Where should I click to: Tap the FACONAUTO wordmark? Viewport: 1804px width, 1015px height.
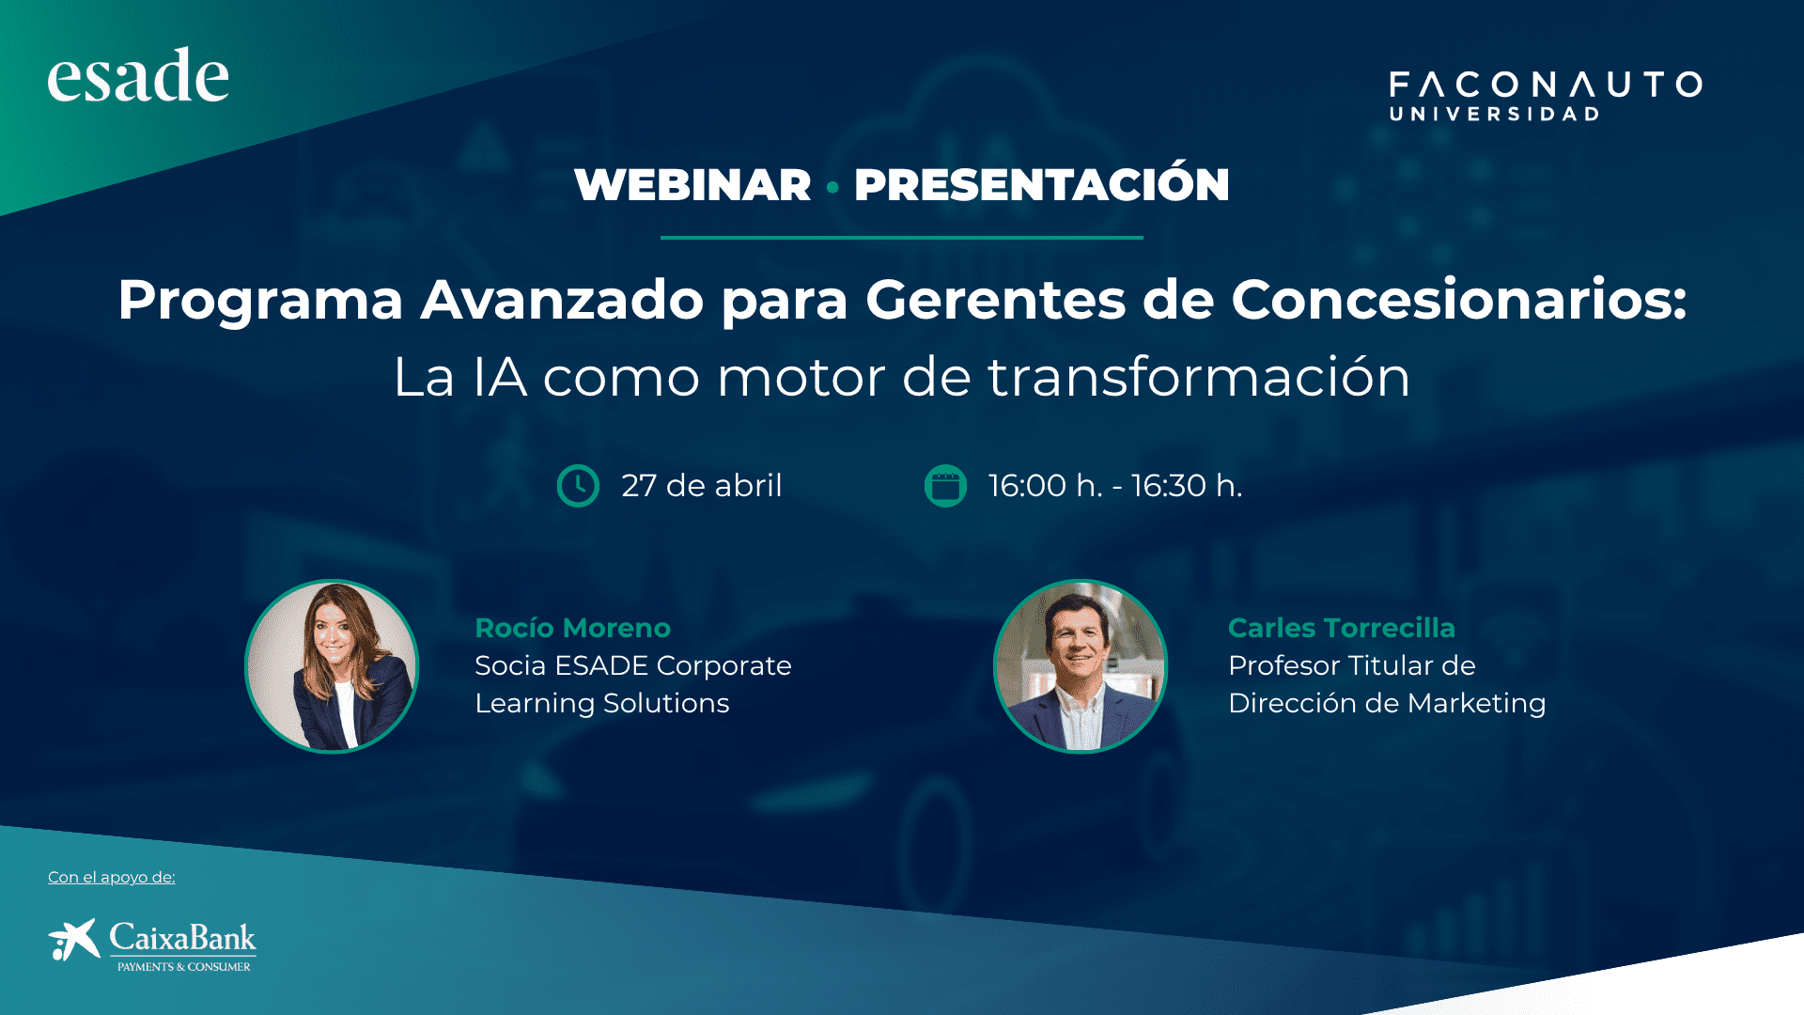(1546, 85)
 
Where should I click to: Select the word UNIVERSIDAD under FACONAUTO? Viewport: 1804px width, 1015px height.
(1494, 114)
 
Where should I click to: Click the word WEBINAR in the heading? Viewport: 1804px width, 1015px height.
(692, 184)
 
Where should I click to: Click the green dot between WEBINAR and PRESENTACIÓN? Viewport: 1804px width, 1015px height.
(832, 187)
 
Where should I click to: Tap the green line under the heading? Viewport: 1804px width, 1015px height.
(902, 238)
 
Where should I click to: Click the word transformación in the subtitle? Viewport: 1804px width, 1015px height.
(1199, 377)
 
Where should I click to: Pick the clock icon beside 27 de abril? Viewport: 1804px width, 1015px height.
(578, 486)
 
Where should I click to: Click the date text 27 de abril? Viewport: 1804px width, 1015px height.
(702, 486)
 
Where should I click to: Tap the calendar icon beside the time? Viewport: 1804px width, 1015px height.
(945, 486)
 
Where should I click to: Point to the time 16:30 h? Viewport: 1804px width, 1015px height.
(1187, 486)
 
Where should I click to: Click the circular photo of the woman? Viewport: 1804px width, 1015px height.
(332, 666)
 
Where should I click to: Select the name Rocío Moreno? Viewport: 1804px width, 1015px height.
(573, 628)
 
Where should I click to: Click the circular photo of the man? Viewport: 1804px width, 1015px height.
(1081, 666)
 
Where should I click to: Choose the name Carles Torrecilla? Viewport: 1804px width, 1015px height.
(1342, 628)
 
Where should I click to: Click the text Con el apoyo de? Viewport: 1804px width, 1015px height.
(112, 878)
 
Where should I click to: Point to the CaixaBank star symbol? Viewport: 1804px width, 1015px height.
(74, 940)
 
